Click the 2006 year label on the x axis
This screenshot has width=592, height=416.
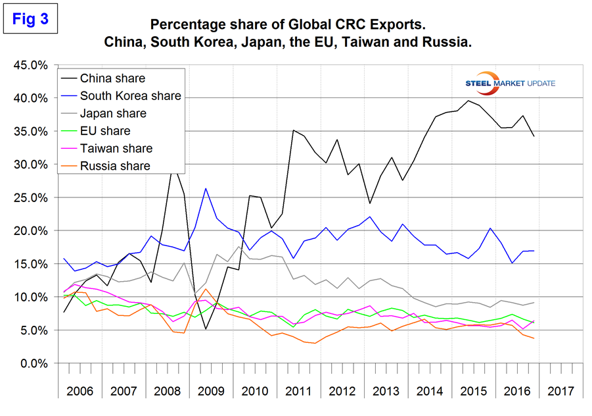[80, 390]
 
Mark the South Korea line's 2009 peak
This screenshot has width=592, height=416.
[206, 189]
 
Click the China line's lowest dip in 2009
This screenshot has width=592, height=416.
[206, 329]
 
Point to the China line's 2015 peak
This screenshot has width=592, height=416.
[468, 101]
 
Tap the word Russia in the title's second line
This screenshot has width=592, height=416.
[449, 43]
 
